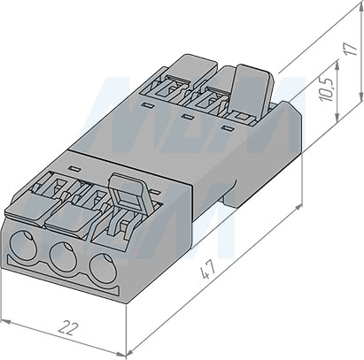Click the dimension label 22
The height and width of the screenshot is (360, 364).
68,328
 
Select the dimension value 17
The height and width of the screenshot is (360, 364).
352,49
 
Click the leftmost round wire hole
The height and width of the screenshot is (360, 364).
23,244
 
